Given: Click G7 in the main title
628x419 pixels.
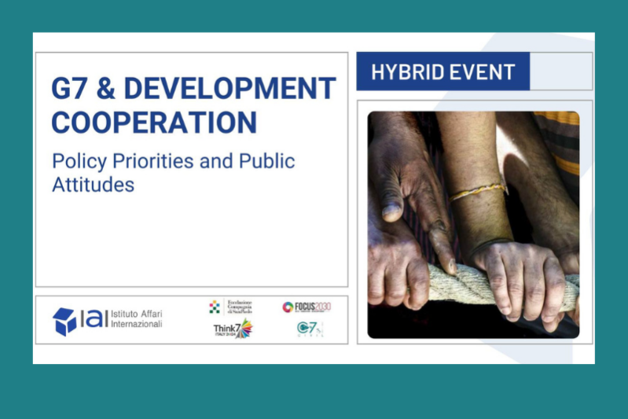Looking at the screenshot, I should click(70, 89).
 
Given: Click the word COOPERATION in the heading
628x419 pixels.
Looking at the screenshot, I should click(154, 121).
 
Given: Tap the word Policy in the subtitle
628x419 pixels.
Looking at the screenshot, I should click(75, 161).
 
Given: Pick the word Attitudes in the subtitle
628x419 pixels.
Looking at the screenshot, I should click(93, 185).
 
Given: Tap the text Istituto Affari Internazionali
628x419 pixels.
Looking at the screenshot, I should click(136, 319).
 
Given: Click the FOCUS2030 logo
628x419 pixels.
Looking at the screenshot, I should click(307, 307).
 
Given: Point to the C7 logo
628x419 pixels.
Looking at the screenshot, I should click(310, 329).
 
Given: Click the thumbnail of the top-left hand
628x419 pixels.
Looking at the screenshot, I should click(391, 211).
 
